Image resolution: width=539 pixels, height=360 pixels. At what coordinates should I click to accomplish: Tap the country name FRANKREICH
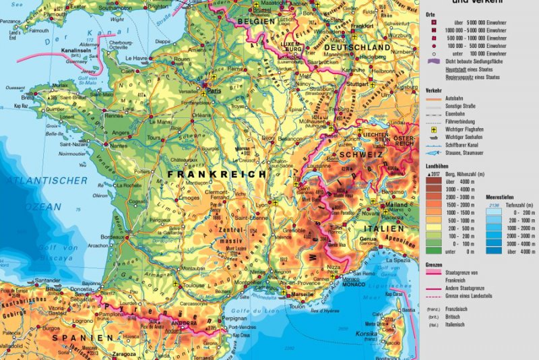pos(208,174)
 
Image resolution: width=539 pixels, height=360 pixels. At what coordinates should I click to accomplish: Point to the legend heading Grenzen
pos(435,265)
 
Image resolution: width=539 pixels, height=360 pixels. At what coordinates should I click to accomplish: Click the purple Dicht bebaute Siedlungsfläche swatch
pos(435,61)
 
